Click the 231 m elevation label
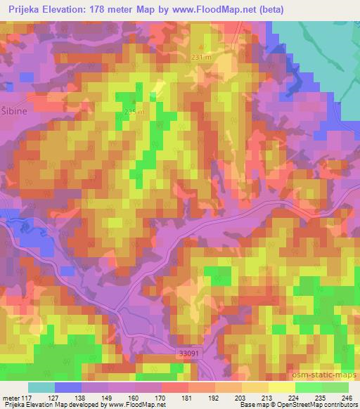point(201,58)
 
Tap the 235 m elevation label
point(134,112)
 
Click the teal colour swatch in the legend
point(41,387)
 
